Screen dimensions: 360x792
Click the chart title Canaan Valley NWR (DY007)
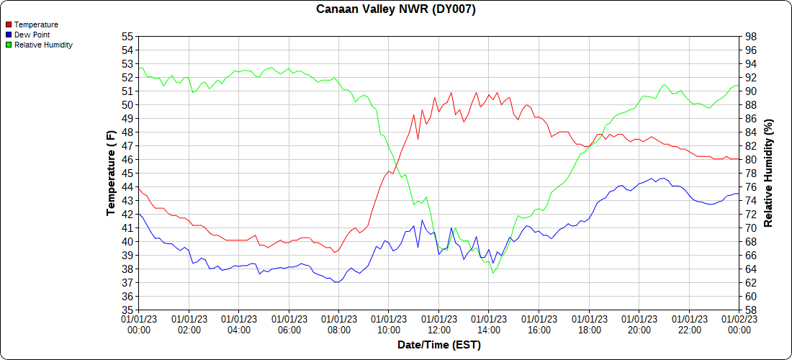[x=396, y=9]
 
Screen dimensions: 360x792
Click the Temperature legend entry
[x=36, y=24]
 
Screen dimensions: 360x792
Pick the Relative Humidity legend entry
[x=43, y=45]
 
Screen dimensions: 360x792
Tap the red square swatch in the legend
[x=9, y=24]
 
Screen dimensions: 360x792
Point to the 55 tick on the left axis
[x=127, y=37]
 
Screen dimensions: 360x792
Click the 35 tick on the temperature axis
[x=127, y=310]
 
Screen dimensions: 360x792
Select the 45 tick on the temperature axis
[x=127, y=174]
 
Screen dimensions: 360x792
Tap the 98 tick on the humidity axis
[x=750, y=37]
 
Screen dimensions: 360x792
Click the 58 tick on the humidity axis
[x=750, y=310]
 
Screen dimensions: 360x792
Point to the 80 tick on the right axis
[x=750, y=160]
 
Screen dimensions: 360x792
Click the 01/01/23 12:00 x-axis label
[x=438, y=324]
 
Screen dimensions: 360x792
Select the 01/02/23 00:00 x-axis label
[x=739, y=324]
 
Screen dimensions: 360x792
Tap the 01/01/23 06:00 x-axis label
[x=289, y=324]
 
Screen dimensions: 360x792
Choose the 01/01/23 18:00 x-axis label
[x=589, y=324]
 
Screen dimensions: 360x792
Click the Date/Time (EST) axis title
[x=438, y=345]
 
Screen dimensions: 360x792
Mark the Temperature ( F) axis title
[x=111, y=173]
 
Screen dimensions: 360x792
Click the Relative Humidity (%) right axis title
[x=768, y=173]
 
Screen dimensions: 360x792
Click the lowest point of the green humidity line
[x=493, y=273]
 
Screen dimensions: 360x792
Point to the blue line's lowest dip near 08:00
[x=336, y=282]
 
